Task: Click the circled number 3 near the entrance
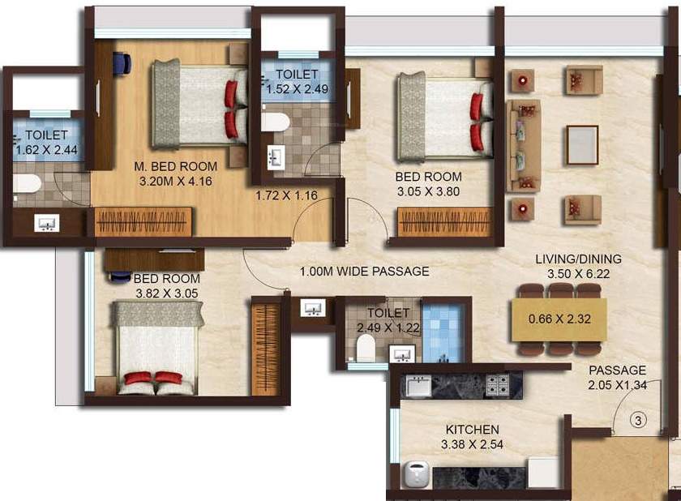tap(638, 420)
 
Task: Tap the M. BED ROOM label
tap(176, 168)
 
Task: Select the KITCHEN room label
tap(472, 429)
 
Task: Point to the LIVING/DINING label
tap(578, 259)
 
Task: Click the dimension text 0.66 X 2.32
tap(559, 319)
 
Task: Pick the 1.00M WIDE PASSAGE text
tap(364, 272)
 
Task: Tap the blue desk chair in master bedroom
tap(122, 62)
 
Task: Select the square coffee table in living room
tap(581, 144)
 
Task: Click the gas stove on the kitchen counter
tap(497, 385)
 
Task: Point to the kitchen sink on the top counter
tap(418, 386)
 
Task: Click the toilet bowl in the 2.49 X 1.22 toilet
tap(365, 348)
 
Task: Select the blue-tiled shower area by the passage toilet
tap(445, 331)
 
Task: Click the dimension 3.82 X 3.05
tap(165, 293)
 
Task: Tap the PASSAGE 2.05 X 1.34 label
tap(618, 377)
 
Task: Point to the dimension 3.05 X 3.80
tap(428, 192)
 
